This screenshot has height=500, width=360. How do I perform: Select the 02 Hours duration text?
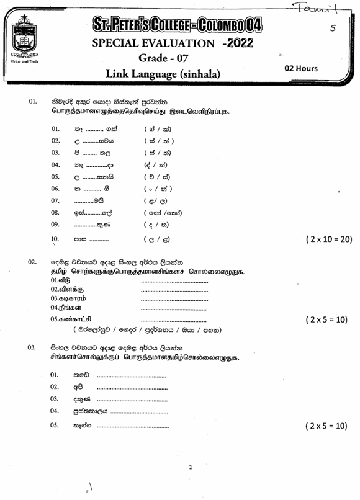coord(300,69)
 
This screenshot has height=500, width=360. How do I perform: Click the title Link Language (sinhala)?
coord(163,74)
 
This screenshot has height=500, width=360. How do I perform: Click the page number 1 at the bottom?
coord(191,467)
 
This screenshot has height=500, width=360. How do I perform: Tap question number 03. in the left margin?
coord(32,348)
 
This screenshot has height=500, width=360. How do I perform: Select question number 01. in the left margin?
coord(32,101)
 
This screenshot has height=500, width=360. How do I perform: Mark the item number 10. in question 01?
coord(55,238)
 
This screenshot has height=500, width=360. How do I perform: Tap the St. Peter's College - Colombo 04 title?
coord(177,25)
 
